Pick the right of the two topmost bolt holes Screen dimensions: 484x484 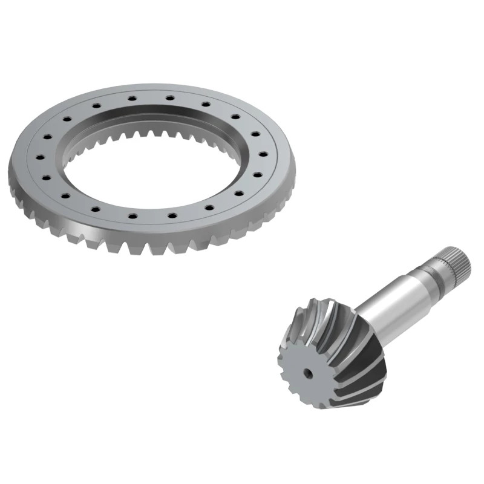[170, 96]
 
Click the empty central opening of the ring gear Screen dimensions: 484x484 [151, 175]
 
